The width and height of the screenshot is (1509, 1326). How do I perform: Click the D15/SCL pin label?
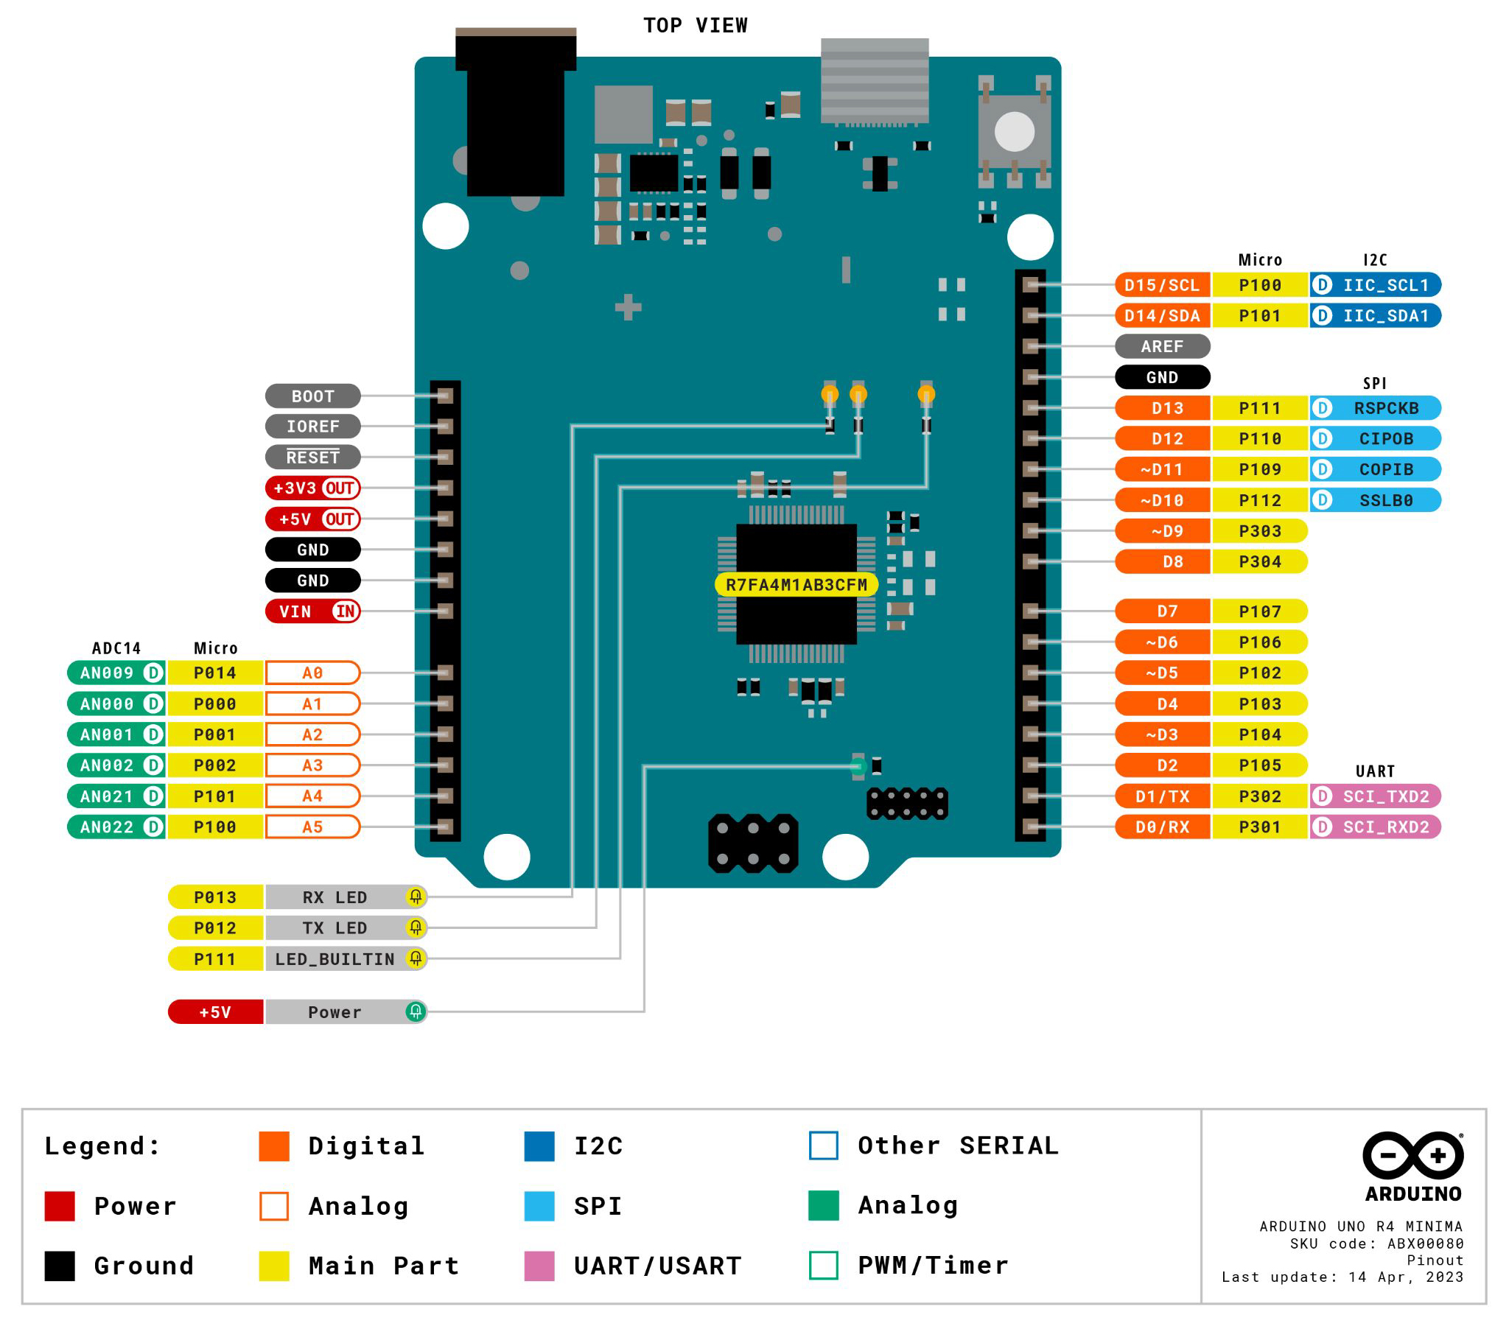point(1162,285)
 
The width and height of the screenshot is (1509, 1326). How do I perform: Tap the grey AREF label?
point(1162,346)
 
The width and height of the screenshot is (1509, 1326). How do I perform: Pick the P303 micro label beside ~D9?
point(1259,531)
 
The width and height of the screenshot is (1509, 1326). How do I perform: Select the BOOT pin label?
point(313,396)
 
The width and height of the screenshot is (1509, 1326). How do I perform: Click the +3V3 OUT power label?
point(313,488)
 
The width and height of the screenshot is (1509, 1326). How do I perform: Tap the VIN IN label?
point(313,611)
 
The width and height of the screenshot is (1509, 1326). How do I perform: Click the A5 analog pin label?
point(313,827)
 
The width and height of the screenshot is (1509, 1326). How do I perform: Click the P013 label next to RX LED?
point(215,897)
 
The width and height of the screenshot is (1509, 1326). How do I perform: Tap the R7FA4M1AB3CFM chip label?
point(796,585)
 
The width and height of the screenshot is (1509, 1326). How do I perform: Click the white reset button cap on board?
point(1015,131)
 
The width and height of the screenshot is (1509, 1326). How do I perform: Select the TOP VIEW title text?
point(695,25)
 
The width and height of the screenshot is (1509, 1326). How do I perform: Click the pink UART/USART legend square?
point(539,1266)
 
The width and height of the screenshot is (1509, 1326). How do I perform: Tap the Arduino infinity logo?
point(1412,1155)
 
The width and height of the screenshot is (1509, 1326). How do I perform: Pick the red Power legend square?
point(60,1206)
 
